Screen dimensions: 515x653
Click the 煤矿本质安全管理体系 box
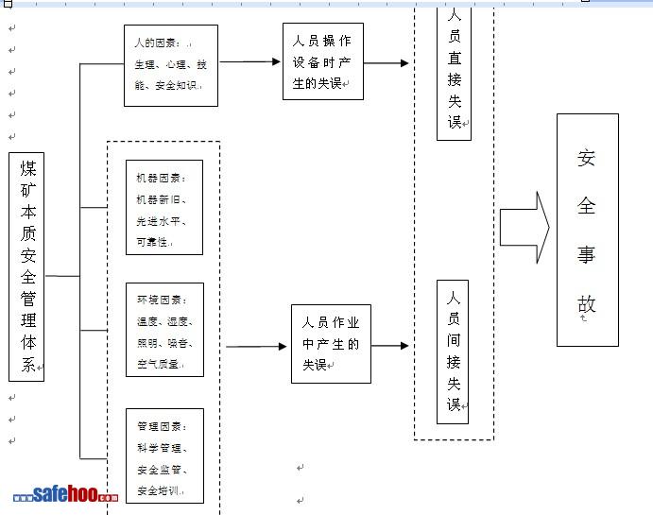coord(26,266)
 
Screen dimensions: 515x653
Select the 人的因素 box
coord(171,65)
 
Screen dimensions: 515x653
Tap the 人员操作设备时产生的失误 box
coord(322,61)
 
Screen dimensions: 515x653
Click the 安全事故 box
coord(587,230)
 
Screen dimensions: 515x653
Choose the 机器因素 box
coord(164,208)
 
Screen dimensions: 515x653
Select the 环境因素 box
coord(164,330)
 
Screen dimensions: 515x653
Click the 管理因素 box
coord(164,457)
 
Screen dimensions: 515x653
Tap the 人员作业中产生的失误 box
coord(331,344)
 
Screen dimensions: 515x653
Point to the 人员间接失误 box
coord(453,352)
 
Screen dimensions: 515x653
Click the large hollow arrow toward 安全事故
coord(524,228)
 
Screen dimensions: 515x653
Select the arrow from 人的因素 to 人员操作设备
coord(250,62)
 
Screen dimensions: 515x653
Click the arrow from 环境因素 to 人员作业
coord(256,347)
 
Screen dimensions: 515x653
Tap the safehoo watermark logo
coord(65,495)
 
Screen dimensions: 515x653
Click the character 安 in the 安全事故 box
coord(587,158)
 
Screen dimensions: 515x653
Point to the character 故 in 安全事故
coord(587,304)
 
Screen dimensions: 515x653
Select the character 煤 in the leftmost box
coord(28,168)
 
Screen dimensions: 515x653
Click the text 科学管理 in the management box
coord(162,448)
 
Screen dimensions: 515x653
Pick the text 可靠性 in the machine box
coord(153,243)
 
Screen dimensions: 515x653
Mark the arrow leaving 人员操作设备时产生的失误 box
coord(387,63)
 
